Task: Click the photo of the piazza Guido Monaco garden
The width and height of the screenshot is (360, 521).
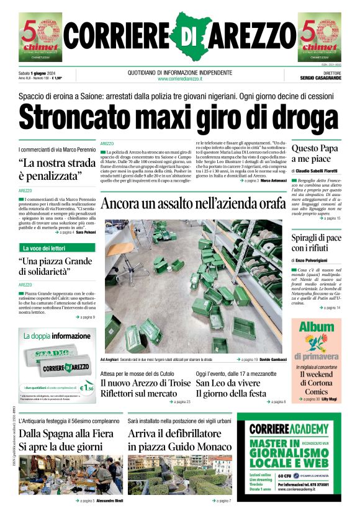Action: click(x=180, y=474)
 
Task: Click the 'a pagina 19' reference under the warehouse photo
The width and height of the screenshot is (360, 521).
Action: click(x=248, y=359)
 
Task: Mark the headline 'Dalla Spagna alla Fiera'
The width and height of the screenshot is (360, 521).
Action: click(x=63, y=434)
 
